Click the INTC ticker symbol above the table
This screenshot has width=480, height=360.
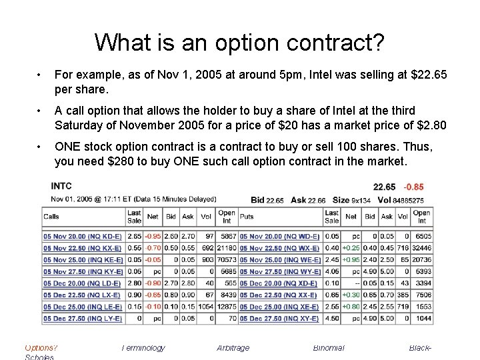61,186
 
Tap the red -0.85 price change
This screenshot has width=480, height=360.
413,187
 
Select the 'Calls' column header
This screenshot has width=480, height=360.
51,216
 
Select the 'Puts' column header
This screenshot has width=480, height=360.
247,216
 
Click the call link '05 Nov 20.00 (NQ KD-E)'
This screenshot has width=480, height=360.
83,236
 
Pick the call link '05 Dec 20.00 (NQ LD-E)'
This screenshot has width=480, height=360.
83,283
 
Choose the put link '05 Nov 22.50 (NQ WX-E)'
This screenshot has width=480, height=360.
279,248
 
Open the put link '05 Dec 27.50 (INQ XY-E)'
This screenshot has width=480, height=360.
279,319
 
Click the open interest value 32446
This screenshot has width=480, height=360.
421,248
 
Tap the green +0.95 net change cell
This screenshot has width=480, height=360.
351,260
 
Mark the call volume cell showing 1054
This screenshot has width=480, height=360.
207,307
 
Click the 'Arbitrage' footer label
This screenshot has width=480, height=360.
233,347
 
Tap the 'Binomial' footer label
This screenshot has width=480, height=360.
329,347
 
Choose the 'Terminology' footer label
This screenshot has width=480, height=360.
143,347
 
